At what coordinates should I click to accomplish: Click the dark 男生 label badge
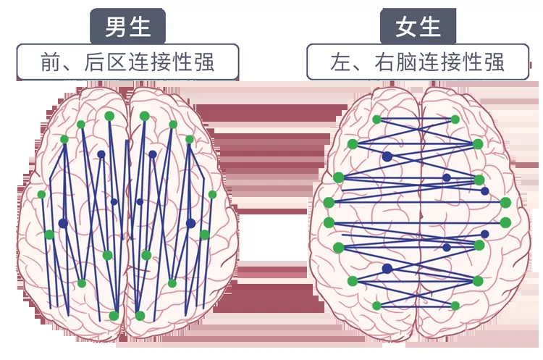pyautogui.click(x=127, y=27)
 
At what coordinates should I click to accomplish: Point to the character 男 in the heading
pyautogui.click(x=116, y=27)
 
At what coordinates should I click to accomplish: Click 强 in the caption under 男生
pyautogui.click(x=206, y=62)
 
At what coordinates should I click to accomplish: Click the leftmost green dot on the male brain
pyautogui.click(x=41, y=194)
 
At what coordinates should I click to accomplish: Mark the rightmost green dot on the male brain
pyautogui.click(x=212, y=194)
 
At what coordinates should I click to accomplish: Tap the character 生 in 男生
pyautogui.click(x=140, y=27)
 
